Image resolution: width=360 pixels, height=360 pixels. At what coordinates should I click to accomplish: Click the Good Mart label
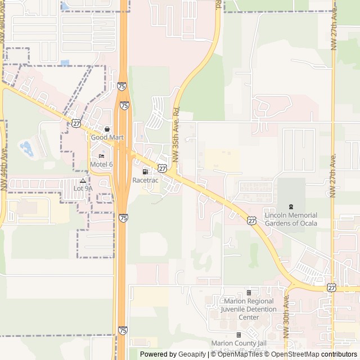pyautogui.click(x=104, y=137)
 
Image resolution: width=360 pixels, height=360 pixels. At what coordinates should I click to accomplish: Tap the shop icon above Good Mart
pyautogui.click(x=107, y=129)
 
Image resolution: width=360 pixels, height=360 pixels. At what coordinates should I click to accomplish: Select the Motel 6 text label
pyautogui.click(x=101, y=164)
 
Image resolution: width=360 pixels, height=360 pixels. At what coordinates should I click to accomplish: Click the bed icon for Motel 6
pyautogui.click(x=101, y=156)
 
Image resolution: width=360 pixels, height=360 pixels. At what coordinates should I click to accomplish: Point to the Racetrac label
pyautogui.click(x=145, y=180)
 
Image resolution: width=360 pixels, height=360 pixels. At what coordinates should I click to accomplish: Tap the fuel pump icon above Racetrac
pyautogui.click(x=145, y=172)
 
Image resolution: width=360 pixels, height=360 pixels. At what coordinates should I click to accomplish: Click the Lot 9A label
pyautogui.click(x=83, y=188)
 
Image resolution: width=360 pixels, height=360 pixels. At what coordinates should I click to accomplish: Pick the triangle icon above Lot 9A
pyautogui.click(x=83, y=181)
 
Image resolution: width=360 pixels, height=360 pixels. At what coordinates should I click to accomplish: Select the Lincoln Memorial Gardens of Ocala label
pyautogui.click(x=290, y=219)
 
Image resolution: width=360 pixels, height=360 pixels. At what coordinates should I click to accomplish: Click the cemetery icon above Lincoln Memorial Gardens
pyautogui.click(x=290, y=208)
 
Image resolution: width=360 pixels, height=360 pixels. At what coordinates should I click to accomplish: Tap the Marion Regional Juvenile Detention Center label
pyautogui.click(x=249, y=309)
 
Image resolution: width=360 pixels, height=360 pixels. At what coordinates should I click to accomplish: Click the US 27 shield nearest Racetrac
pyautogui.click(x=162, y=168)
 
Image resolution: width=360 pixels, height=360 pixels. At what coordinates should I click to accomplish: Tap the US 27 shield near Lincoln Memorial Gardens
pyautogui.click(x=251, y=220)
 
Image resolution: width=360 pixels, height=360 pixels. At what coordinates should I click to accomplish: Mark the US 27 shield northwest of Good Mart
pyautogui.click(x=76, y=123)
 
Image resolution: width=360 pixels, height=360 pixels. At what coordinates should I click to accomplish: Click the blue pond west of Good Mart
pyautogui.click(x=26, y=148)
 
